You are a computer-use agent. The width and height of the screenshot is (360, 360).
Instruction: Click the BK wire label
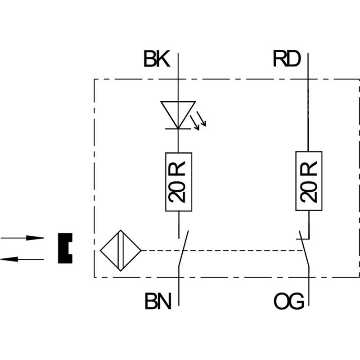point(157,59)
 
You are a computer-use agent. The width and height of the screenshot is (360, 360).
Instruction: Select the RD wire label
point(287,59)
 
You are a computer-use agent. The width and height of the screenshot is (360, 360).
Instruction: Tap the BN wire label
point(158,301)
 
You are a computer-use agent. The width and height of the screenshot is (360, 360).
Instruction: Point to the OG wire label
point(289,301)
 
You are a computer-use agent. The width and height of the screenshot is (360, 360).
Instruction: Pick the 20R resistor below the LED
point(179,182)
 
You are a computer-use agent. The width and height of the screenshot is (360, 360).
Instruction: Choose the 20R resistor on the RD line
point(309,181)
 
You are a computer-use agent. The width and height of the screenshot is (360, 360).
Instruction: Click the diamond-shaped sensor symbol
point(121,251)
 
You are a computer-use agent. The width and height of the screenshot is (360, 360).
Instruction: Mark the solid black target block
point(65,248)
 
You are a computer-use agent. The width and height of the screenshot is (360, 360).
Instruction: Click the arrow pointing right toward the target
point(22,238)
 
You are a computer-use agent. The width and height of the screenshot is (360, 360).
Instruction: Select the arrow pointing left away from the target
point(22,259)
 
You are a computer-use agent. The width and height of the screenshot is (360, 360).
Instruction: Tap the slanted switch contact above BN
point(184,248)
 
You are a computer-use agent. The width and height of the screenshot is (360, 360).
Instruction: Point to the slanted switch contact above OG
point(304,249)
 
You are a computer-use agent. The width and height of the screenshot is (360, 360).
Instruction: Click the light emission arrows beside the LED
point(198,121)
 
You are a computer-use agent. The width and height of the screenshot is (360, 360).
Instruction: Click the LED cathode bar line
point(178,129)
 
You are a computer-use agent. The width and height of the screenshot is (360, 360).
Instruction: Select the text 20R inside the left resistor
point(177,182)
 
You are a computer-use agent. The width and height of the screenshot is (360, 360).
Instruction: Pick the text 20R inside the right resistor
point(309,182)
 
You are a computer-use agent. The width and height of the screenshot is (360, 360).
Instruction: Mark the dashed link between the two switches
point(222,251)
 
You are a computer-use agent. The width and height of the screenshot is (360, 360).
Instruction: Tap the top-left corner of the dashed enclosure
point(94,79)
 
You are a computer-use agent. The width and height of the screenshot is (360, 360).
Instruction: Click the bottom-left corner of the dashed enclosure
point(94,277)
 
